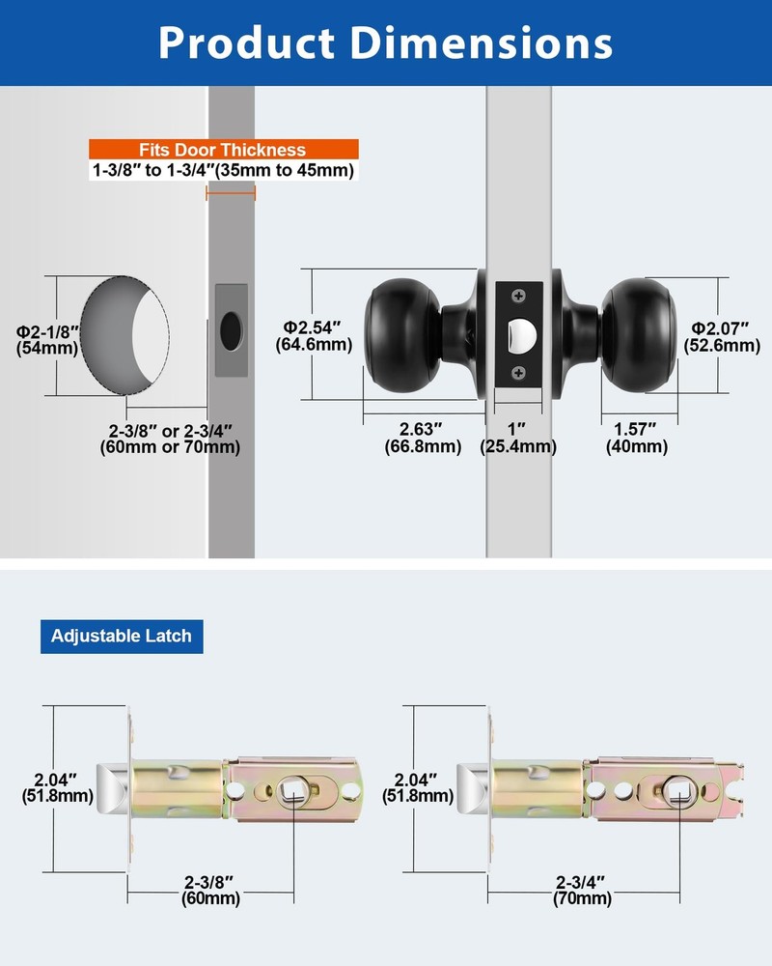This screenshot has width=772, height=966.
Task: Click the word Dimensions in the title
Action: (x=481, y=43)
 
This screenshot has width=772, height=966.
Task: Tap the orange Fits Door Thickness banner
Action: (x=224, y=149)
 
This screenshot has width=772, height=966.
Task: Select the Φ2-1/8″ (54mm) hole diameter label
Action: (x=47, y=340)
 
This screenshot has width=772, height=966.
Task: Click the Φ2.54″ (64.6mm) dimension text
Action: (x=314, y=336)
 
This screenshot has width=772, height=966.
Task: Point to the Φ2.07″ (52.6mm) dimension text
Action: (x=722, y=337)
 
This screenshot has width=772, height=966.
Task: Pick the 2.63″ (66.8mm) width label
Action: (x=423, y=438)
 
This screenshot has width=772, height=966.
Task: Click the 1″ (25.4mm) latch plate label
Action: (x=518, y=438)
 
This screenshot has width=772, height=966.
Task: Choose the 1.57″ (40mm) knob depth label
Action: (x=637, y=438)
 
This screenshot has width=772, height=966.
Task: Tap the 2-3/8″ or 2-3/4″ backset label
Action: (x=170, y=439)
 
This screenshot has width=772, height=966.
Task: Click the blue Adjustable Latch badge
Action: (x=122, y=637)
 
